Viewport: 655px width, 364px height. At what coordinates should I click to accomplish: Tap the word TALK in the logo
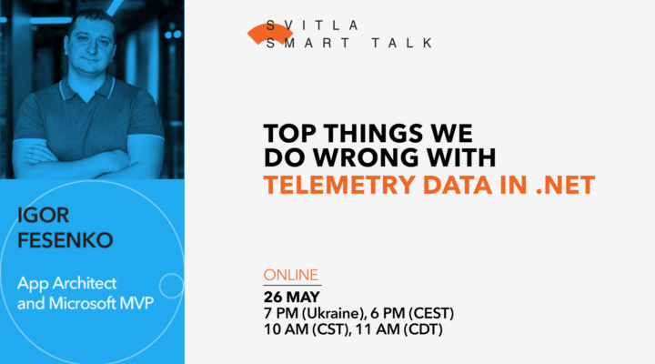(399, 43)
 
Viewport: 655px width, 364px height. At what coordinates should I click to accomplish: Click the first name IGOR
(45, 215)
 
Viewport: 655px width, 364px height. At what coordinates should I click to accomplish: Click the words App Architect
(66, 284)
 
